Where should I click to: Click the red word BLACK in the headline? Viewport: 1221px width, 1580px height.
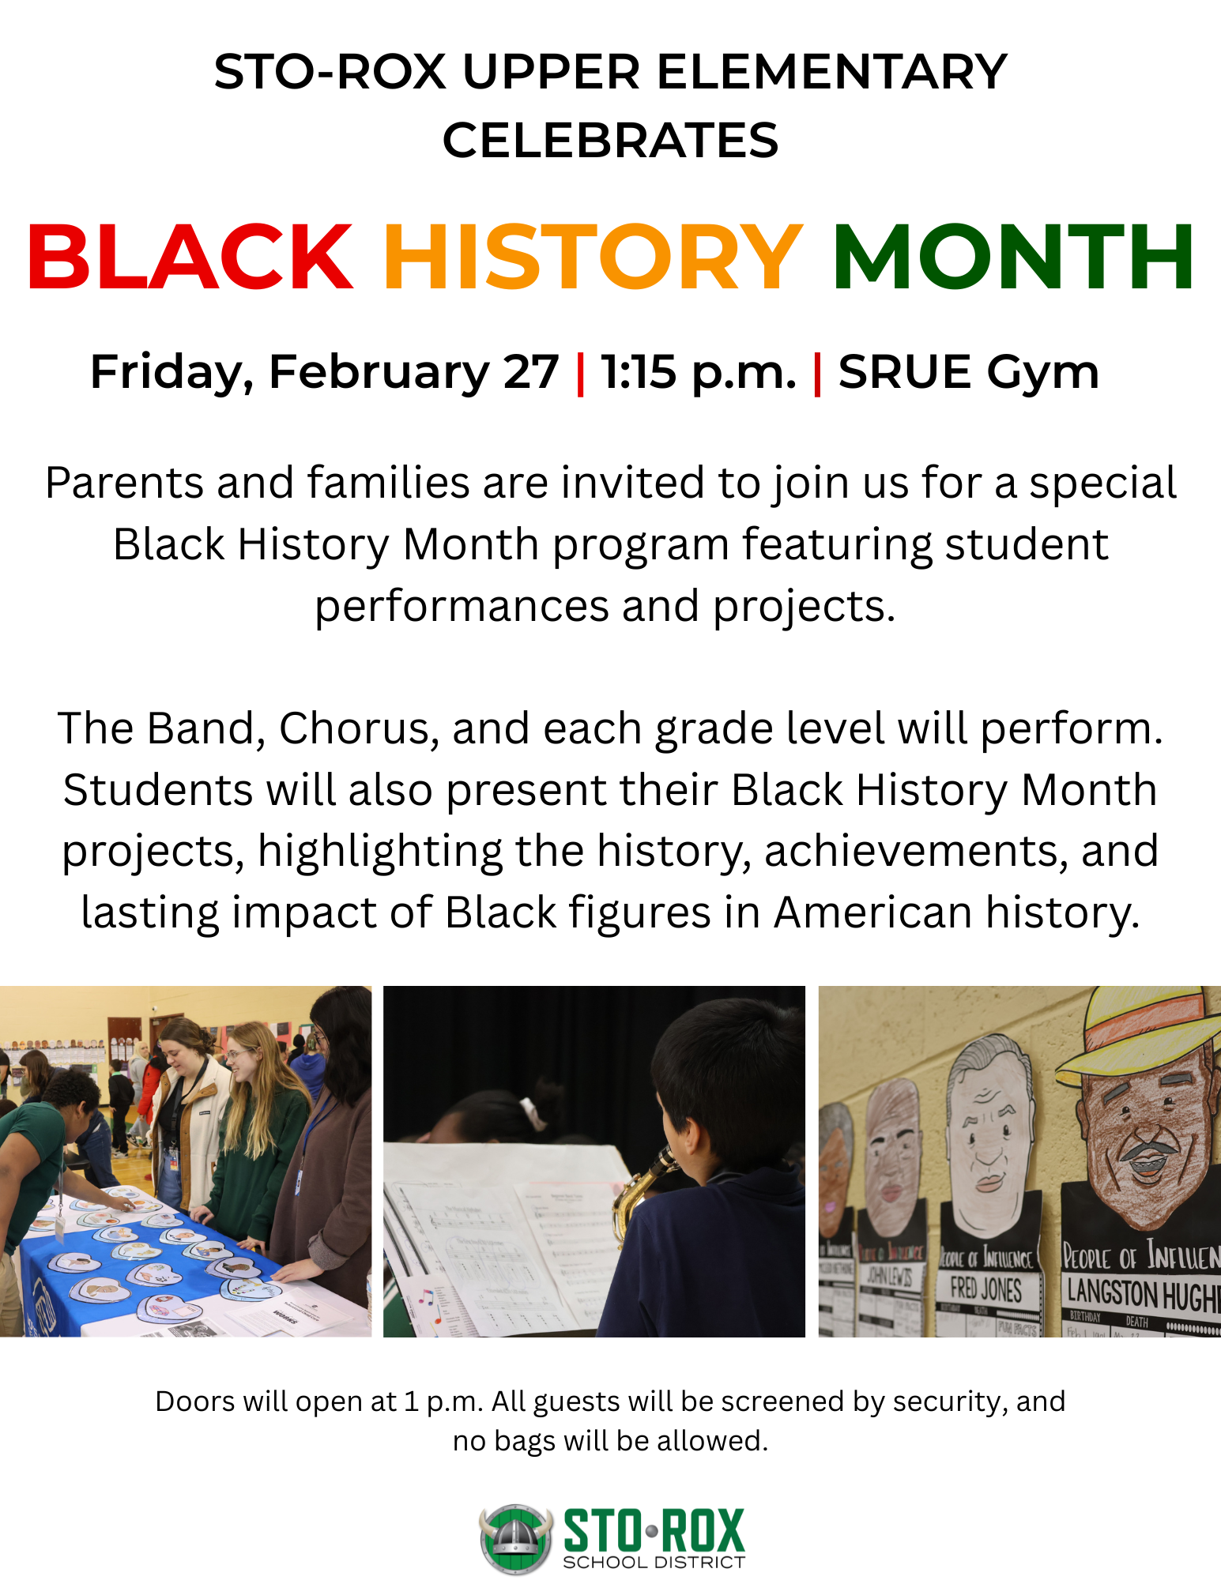click(190, 257)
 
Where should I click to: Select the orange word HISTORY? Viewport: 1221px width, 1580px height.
click(593, 257)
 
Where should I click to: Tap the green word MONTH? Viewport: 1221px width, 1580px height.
click(1013, 257)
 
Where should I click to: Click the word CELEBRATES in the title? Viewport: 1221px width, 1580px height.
click(610, 141)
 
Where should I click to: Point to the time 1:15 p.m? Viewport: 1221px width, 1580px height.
click(699, 371)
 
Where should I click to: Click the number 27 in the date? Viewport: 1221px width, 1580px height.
click(531, 371)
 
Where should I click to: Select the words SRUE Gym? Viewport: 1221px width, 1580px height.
click(968, 371)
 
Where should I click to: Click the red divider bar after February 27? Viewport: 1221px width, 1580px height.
click(581, 373)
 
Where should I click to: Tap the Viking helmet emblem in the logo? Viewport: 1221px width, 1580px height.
click(516, 1537)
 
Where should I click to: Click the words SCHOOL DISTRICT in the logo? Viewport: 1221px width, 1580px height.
click(654, 1562)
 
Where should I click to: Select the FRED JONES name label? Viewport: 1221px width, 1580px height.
click(985, 1289)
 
